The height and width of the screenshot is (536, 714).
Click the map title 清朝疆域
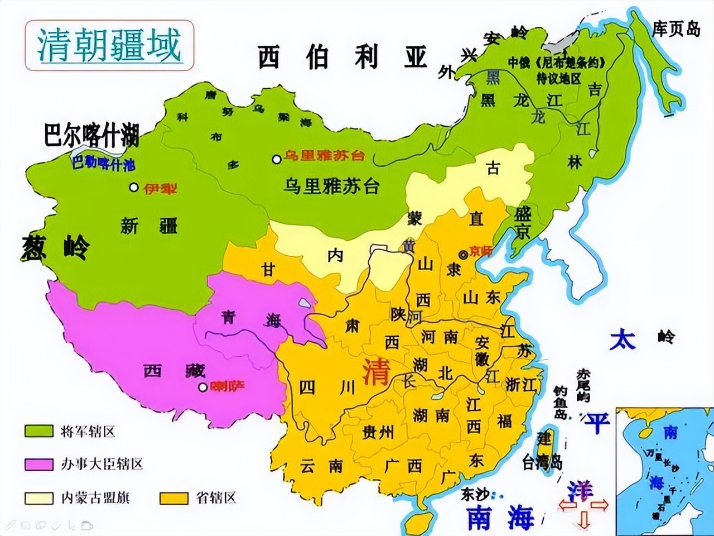pyautogui.click(x=109, y=46)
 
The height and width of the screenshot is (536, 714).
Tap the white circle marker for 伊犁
pyautogui.click(x=133, y=188)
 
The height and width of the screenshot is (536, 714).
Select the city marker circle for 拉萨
pyautogui.click(x=203, y=386)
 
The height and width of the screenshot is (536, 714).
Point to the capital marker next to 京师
pyautogui.click(x=462, y=255)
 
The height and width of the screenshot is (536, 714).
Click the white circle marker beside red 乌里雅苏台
pyautogui.click(x=276, y=159)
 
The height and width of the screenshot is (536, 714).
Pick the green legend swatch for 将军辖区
pyautogui.click(x=39, y=431)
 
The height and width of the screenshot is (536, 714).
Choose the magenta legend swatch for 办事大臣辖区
pyautogui.click(x=39, y=464)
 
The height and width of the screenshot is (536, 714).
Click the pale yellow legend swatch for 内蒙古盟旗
pyautogui.click(x=39, y=497)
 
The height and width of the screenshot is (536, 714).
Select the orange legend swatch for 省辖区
pyautogui.click(x=173, y=497)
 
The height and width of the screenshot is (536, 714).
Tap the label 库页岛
pyautogui.click(x=676, y=29)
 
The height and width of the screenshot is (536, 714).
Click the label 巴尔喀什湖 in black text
pyautogui.click(x=91, y=136)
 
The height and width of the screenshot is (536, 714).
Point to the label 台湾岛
pyautogui.click(x=542, y=462)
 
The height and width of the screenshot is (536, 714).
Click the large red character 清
pyautogui.click(x=375, y=372)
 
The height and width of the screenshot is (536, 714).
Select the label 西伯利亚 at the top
pyautogui.click(x=342, y=57)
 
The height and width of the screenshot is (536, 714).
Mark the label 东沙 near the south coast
pyautogui.click(x=475, y=494)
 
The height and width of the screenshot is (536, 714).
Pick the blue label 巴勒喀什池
pyautogui.click(x=103, y=164)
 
